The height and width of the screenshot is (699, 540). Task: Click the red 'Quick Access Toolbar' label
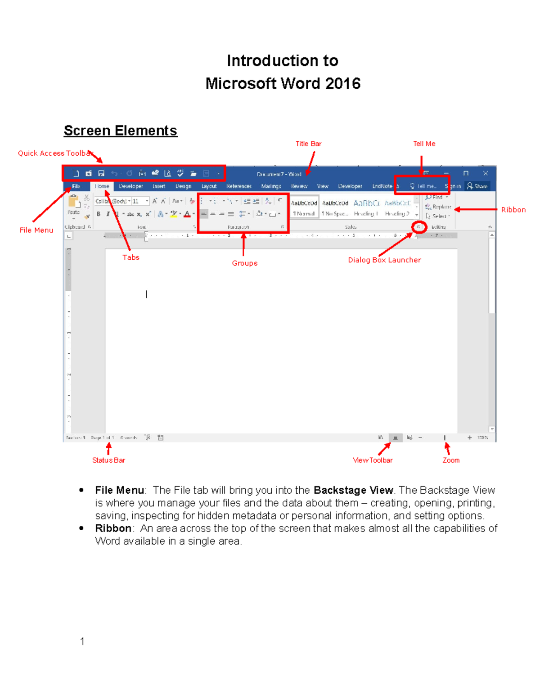click(x=55, y=153)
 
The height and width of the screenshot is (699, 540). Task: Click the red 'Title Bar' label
click(x=308, y=144)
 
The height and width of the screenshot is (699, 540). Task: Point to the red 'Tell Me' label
click(x=424, y=144)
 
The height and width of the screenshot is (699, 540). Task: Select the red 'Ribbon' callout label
click(x=513, y=210)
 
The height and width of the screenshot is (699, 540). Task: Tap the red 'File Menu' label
click(x=36, y=230)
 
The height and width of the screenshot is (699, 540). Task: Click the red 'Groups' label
click(x=244, y=263)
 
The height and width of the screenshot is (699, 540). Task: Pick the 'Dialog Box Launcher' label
click(x=384, y=260)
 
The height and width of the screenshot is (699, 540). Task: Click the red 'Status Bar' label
click(x=108, y=460)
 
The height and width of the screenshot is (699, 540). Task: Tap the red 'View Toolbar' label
click(x=373, y=460)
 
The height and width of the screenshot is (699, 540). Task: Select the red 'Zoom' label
click(x=451, y=460)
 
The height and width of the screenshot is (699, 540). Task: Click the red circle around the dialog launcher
click(x=419, y=227)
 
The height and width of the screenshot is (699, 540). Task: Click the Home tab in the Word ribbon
click(x=102, y=186)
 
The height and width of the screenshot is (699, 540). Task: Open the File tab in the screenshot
click(x=76, y=186)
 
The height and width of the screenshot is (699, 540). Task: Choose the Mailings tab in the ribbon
click(x=271, y=186)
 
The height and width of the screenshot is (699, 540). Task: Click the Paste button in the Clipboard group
click(x=73, y=205)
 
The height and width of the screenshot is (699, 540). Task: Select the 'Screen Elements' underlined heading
click(x=120, y=131)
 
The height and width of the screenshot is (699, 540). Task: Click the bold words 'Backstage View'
click(x=353, y=490)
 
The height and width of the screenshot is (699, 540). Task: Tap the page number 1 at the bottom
click(x=82, y=641)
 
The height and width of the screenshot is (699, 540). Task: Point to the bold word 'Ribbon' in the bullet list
click(x=113, y=528)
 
